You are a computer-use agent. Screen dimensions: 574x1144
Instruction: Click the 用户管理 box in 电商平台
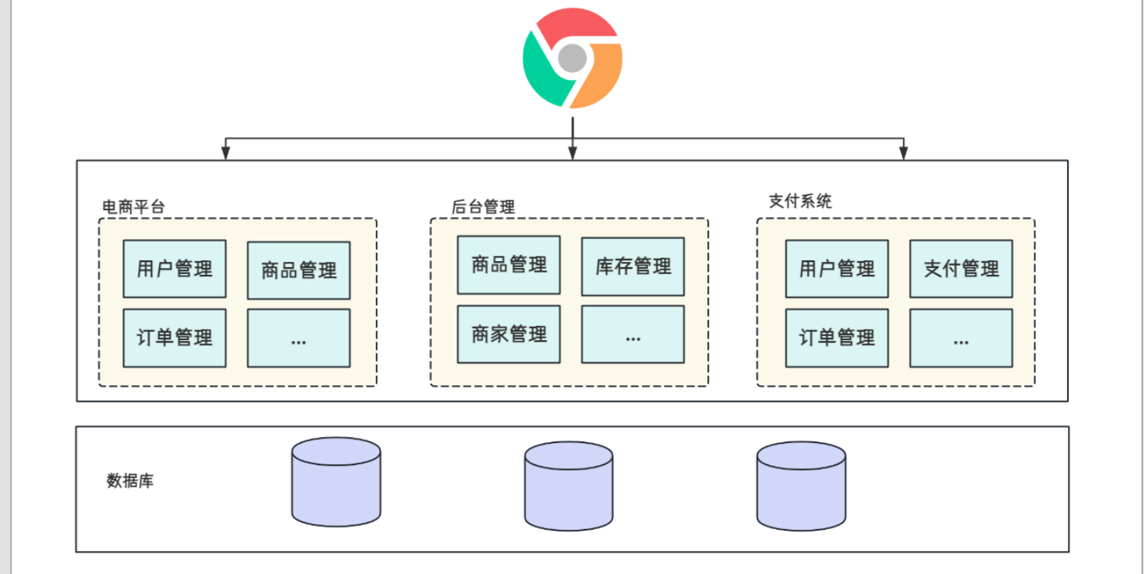tap(174, 269)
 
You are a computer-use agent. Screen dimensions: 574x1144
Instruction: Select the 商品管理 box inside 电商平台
tap(298, 270)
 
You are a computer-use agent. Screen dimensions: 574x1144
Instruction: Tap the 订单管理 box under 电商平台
tap(174, 337)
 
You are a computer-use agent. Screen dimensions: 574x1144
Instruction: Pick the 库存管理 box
tap(632, 266)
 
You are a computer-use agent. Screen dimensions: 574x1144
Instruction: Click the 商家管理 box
tap(508, 334)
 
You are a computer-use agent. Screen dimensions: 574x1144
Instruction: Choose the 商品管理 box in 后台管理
tap(508, 265)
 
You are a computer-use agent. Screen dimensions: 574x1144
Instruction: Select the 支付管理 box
tap(961, 269)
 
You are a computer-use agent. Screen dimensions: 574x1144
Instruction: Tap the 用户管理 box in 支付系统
tap(836, 269)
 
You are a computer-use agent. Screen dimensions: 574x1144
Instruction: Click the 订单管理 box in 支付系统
tap(836, 337)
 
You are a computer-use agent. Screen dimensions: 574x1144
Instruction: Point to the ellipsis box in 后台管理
tap(632, 334)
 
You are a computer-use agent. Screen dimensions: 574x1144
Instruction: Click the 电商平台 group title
tap(133, 206)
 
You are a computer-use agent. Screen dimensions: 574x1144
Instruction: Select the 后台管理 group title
tap(483, 206)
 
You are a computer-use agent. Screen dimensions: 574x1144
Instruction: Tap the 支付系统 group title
tap(800, 201)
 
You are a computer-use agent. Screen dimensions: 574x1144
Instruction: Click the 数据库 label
tap(130, 481)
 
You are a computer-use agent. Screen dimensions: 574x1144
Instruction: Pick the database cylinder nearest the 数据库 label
tap(336, 481)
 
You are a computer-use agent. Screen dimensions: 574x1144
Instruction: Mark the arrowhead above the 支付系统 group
tap(904, 154)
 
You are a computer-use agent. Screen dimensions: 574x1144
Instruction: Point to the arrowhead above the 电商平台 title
tap(225, 154)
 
